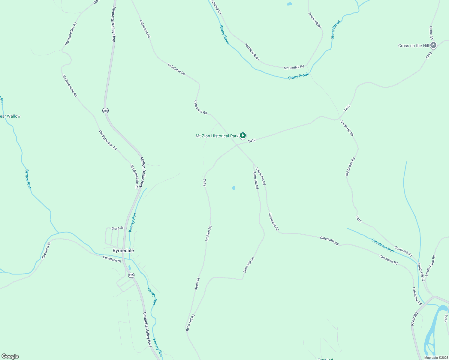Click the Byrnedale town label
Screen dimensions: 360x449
tap(123, 250)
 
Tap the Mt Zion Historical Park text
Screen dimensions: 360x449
tap(217, 136)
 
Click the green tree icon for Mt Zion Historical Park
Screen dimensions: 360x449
tap(243, 136)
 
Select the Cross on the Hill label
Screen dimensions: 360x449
tap(413, 46)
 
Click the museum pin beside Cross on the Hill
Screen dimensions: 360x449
tap(433, 45)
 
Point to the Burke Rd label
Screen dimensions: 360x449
tap(431, 33)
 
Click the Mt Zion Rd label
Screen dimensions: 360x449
tap(209, 233)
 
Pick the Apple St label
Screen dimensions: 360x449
tap(197, 283)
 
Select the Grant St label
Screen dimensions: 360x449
tap(117, 228)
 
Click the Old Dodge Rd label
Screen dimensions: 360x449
tap(350, 166)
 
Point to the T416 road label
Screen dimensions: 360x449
tap(359, 219)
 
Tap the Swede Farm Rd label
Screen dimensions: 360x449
tap(430, 266)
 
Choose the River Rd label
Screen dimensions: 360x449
tap(414, 319)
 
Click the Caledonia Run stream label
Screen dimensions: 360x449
tap(382, 245)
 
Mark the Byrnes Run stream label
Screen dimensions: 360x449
tap(28, 179)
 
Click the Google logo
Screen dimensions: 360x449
tap(10, 356)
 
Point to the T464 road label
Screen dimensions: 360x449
tap(446, 319)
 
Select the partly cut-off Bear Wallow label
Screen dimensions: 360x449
tap(10, 116)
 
